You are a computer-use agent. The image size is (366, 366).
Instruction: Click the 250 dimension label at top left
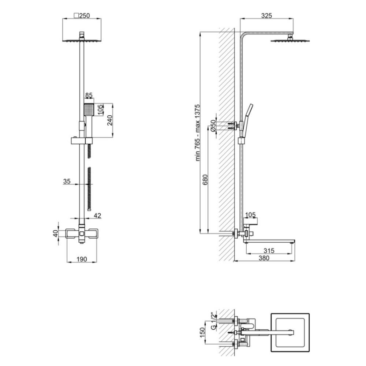(x=82, y=16)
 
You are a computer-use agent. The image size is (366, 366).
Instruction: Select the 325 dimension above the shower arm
(x=266, y=16)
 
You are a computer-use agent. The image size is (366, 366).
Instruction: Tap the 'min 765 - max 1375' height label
(x=198, y=133)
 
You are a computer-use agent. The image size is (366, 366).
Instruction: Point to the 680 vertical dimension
(x=205, y=180)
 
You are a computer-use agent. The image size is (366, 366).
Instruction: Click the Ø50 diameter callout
(x=213, y=126)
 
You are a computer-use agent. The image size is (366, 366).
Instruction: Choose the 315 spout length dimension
(x=269, y=251)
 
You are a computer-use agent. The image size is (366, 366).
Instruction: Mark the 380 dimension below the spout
(x=264, y=258)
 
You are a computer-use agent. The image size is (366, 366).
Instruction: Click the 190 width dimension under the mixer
(x=82, y=259)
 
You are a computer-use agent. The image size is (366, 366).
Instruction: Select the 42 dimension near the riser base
(x=97, y=215)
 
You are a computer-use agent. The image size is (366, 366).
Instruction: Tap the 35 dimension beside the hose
(x=67, y=181)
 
